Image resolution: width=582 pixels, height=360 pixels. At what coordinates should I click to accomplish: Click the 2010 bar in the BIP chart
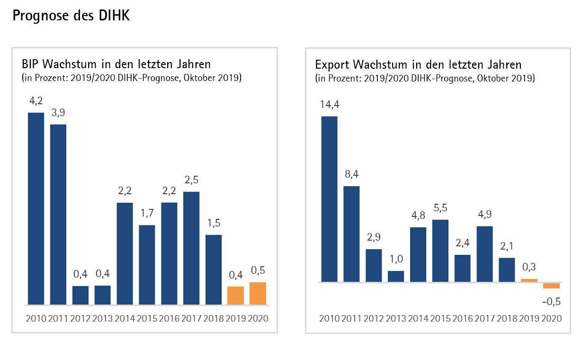(36, 208)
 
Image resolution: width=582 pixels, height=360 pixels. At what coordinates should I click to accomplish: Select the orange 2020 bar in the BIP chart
(258, 293)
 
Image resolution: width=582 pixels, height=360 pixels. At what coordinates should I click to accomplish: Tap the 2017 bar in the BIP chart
(191, 248)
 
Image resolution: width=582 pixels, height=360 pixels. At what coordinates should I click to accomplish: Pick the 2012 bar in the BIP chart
(81, 295)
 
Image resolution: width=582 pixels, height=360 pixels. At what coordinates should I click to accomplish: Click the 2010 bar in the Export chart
(329, 199)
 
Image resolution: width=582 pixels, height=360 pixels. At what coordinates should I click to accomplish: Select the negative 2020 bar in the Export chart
(551, 285)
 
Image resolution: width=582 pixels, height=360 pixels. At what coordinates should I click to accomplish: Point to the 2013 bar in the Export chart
(396, 277)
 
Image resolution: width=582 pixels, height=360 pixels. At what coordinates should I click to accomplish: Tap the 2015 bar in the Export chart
(440, 251)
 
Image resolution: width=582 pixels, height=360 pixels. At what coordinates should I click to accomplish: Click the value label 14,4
(329, 105)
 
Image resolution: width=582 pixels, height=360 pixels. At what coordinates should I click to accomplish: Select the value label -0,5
(551, 301)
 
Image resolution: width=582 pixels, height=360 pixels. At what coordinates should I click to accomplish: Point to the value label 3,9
(58, 113)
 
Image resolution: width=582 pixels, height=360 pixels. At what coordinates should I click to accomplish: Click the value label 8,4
(351, 174)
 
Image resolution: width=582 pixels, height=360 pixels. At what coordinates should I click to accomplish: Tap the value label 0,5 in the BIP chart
(258, 270)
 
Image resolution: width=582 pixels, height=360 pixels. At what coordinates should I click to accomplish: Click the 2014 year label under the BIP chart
(125, 318)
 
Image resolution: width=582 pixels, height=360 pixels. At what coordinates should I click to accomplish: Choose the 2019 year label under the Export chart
(529, 318)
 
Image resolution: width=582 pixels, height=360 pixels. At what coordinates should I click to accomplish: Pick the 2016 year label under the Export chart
(463, 318)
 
